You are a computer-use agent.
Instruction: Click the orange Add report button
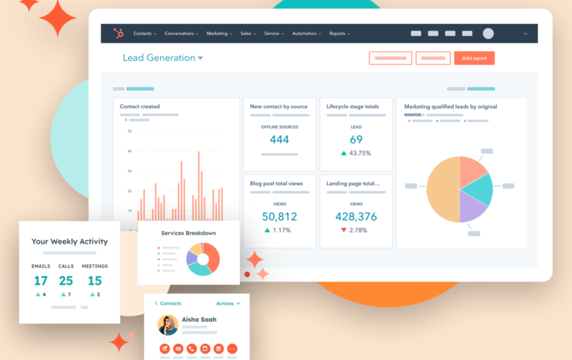(474, 58)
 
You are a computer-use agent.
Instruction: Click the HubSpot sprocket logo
(119, 33)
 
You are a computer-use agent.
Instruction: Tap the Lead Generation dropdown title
(163, 58)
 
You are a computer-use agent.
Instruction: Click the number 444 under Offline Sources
(279, 139)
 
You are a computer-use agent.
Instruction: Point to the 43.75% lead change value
(360, 153)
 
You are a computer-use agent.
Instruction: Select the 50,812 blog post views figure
(279, 216)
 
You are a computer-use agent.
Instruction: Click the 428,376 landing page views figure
(356, 216)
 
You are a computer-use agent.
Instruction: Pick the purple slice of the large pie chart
(472, 208)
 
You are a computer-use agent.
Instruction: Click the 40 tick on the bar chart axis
(129, 151)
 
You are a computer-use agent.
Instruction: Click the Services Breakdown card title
(188, 233)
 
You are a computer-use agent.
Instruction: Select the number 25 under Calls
(66, 281)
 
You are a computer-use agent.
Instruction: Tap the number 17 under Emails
(41, 281)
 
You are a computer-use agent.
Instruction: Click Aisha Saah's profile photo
(168, 325)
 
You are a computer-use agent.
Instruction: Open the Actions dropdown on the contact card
(228, 303)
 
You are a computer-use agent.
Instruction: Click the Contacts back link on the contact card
(168, 303)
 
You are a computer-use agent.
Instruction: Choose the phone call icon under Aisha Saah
(192, 349)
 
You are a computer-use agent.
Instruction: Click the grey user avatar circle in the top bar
(488, 34)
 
